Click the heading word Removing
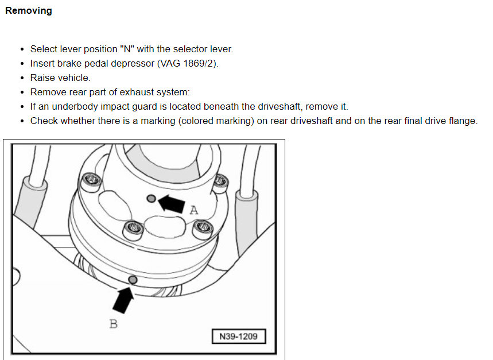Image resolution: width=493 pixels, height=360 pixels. click(28, 11)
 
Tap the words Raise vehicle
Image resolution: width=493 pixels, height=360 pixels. click(60, 78)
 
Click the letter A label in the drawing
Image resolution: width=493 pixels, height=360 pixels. click(193, 210)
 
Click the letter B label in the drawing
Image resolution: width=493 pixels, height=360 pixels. click(114, 324)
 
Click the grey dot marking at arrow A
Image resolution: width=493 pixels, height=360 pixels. click(152, 198)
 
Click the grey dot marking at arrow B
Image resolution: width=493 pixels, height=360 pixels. click(133, 279)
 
